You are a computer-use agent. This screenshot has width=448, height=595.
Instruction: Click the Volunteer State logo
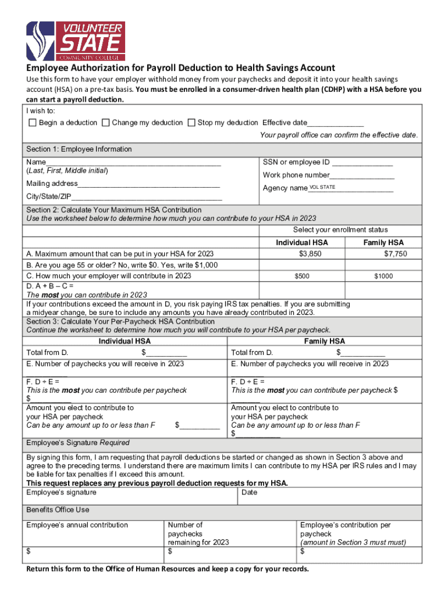74,41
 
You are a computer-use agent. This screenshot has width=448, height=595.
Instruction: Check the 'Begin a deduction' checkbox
33,123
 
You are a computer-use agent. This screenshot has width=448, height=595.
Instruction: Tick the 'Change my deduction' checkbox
105,123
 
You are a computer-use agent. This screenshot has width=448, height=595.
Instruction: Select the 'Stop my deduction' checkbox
191,123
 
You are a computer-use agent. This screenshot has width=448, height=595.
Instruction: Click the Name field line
133,163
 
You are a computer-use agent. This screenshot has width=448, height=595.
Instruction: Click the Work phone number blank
362,176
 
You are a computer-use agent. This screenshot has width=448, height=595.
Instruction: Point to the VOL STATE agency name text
322,187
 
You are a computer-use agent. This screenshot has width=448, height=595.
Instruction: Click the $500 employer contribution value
302,277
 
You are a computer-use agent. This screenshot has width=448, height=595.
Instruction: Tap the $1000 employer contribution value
383,277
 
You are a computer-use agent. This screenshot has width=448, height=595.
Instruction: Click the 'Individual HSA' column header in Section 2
302,242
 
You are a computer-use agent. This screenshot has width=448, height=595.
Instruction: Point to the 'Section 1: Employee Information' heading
79,149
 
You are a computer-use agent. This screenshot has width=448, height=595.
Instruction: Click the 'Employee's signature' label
62,493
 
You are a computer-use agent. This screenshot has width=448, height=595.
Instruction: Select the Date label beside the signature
249,493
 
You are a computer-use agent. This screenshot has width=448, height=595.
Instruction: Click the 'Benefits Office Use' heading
58,510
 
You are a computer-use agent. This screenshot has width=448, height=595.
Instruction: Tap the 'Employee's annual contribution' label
77,525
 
